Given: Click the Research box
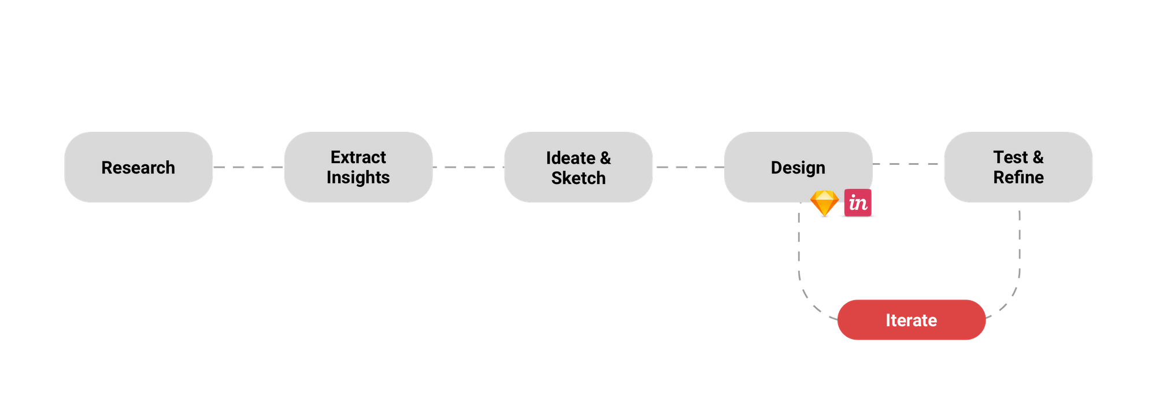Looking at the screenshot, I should (x=138, y=168).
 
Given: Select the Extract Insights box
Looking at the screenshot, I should (x=358, y=168).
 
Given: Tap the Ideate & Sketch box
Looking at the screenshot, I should (x=578, y=168).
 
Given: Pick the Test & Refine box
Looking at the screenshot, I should (x=1018, y=168).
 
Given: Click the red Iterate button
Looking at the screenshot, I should (x=911, y=320).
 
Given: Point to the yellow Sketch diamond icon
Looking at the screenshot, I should (x=824, y=203).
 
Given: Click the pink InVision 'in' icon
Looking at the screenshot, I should (x=858, y=203).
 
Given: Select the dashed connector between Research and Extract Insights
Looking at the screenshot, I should (x=249, y=167).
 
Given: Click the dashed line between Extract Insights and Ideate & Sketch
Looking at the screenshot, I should (x=468, y=167).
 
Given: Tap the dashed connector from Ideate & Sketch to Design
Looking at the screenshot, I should (x=688, y=167).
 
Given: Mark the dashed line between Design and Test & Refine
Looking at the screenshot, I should (x=907, y=164).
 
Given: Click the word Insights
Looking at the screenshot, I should (x=358, y=178).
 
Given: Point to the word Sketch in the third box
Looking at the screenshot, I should (x=578, y=178).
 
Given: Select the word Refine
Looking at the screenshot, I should (x=1018, y=178).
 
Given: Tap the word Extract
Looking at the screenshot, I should (x=358, y=157).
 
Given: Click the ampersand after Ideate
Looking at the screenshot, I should (x=605, y=158).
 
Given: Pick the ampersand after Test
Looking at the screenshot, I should (x=1038, y=157).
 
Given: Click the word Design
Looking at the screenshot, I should (x=798, y=168).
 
